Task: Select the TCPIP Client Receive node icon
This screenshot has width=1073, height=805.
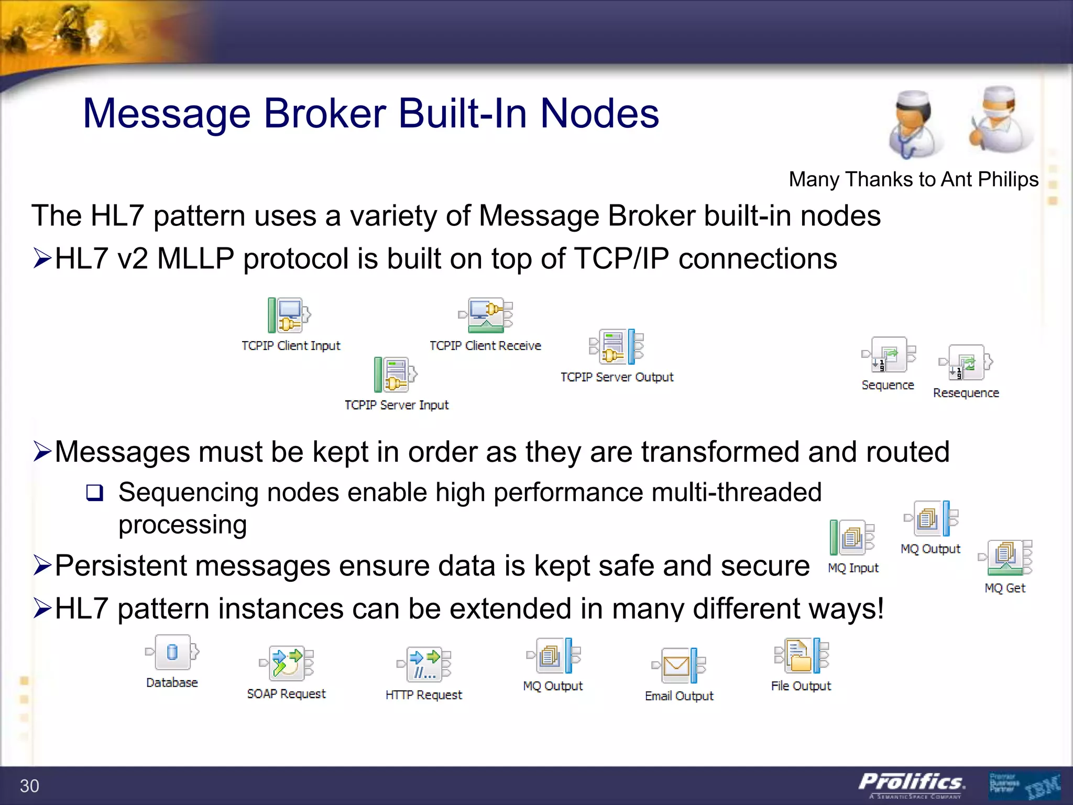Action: tap(486, 316)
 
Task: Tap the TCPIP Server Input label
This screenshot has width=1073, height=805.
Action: tap(397, 405)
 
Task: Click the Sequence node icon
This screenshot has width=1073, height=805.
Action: tap(889, 355)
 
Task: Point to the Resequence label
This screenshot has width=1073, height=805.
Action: tap(966, 393)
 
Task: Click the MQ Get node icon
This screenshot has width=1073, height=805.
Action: tap(1005, 558)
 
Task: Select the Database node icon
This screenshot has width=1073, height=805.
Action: tap(172, 652)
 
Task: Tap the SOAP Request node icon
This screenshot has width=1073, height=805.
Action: tap(287, 663)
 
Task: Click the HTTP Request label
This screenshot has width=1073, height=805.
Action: tap(423, 695)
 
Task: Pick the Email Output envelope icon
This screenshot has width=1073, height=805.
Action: tap(676, 666)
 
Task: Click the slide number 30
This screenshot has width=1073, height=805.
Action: tap(29, 786)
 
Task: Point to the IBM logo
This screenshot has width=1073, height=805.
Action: tap(1042, 786)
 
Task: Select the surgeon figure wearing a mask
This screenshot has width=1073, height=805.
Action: tap(999, 121)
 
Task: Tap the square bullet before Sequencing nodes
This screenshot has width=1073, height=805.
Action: tap(95, 493)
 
